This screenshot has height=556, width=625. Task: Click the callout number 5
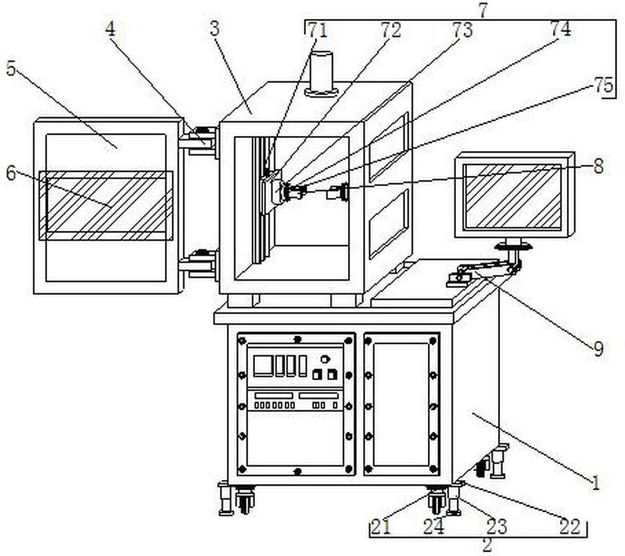pos(11,69)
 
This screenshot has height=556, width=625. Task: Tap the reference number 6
pos(11,174)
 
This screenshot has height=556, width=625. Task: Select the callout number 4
pos(110,29)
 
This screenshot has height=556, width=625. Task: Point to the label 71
pos(318,30)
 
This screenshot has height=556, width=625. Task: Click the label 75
pos(602,85)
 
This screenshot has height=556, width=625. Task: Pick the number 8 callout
pos(598,167)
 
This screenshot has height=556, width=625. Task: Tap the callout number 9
pos(598,349)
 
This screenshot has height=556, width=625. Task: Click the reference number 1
pos(596,482)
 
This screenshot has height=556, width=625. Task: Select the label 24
pos(433,526)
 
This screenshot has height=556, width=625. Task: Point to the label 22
pos(570,526)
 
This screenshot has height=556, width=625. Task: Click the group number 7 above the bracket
pos(483,11)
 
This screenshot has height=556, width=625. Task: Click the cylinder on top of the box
pos(321,74)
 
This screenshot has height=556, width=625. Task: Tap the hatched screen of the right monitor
pos(513,196)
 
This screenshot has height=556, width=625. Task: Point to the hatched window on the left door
pos(106,206)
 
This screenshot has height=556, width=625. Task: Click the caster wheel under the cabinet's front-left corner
pos(244,500)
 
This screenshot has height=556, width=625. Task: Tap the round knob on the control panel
pos(325,359)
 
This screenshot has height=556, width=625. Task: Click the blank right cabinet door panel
pos(401,404)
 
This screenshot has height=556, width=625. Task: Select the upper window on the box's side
pos(389,147)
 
